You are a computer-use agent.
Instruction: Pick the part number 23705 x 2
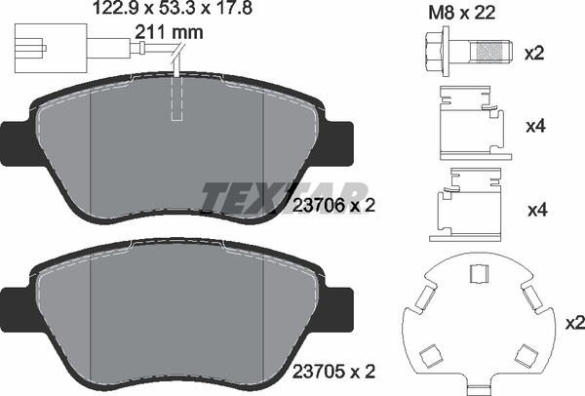[334, 371]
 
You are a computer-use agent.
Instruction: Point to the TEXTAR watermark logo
[285, 194]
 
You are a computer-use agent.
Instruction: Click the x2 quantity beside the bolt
[534, 53]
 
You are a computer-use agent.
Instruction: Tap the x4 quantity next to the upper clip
[534, 127]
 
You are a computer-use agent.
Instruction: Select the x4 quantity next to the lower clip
[534, 209]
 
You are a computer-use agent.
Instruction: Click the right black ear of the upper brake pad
[338, 142]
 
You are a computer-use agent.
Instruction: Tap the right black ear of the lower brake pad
[338, 308]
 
